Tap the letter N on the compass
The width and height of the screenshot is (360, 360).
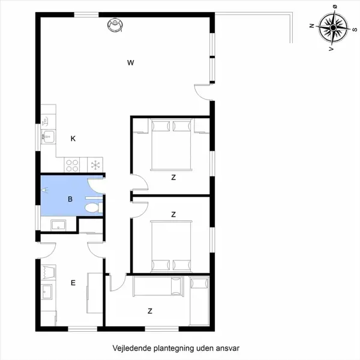[x=311, y=26]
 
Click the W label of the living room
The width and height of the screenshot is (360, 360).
[x=130, y=62]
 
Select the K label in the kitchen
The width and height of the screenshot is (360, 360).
[x=73, y=139]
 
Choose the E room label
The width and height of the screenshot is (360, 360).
[x=73, y=283]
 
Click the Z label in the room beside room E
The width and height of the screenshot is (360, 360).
[x=150, y=311]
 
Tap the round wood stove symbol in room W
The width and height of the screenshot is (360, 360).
[x=114, y=25]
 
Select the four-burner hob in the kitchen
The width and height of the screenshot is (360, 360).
[x=73, y=164]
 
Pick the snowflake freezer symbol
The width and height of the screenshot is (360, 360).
[x=94, y=164]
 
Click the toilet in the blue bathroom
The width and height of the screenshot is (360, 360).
[x=91, y=208]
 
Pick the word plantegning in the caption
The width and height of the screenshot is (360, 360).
[x=173, y=347]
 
